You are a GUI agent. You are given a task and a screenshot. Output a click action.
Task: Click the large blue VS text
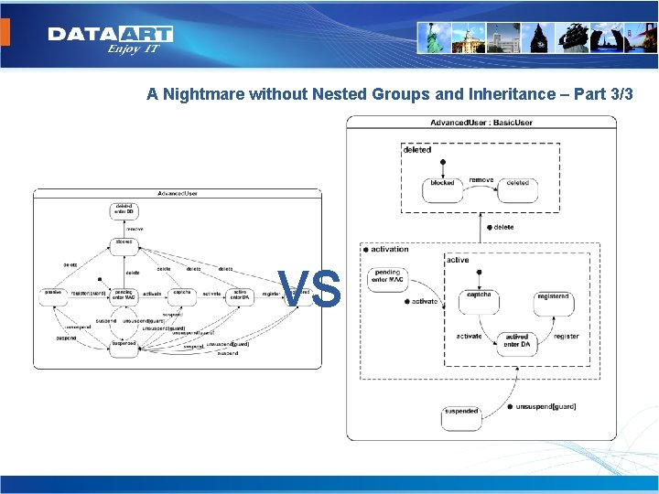(x=310, y=289)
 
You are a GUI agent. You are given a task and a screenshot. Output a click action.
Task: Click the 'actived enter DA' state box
(x=517, y=342)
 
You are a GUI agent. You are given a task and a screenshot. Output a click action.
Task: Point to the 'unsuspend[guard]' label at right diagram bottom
(x=546, y=406)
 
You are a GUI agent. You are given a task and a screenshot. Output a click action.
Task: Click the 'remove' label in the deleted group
(x=481, y=180)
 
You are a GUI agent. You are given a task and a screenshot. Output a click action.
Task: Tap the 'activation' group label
(x=389, y=249)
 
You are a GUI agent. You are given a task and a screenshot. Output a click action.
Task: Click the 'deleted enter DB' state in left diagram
(x=124, y=210)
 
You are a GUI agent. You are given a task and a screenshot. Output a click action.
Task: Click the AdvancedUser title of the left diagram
(x=178, y=193)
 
